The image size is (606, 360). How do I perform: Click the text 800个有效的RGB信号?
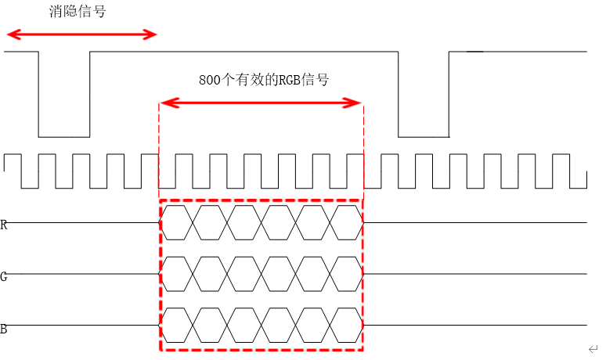[263, 80]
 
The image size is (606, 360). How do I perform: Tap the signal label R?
[4, 225]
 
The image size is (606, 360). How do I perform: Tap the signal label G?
[4, 276]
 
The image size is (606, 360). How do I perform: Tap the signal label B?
[4, 329]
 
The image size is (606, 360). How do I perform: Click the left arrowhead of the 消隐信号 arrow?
[10, 34]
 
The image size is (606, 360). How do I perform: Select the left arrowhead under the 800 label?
[165, 103]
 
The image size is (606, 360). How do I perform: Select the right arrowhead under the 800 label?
[356, 103]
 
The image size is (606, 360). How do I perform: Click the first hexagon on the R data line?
[177, 222]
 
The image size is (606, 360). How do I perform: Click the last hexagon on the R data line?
[347, 222]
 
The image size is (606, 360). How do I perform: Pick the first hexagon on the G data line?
[177, 273]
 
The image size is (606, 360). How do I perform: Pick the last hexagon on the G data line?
[347, 273]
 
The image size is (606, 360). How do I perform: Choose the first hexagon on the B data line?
[177, 325]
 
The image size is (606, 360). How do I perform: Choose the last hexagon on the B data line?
[347, 325]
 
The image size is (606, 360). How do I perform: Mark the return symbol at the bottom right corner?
[593, 348]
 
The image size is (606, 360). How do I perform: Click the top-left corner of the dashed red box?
[160, 200]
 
